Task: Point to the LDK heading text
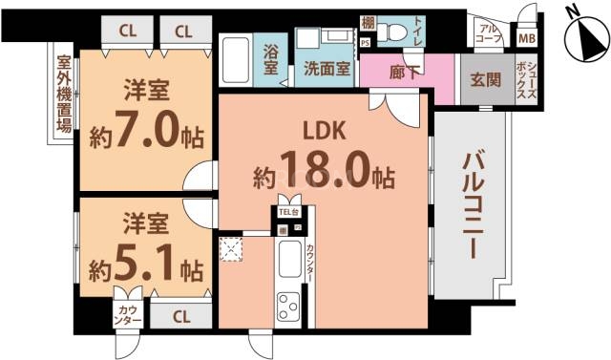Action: (x=324, y=131)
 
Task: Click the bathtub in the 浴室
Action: (x=235, y=60)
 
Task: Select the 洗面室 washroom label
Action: (x=327, y=69)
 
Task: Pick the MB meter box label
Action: (x=526, y=39)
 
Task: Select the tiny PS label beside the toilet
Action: (x=366, y=42)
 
